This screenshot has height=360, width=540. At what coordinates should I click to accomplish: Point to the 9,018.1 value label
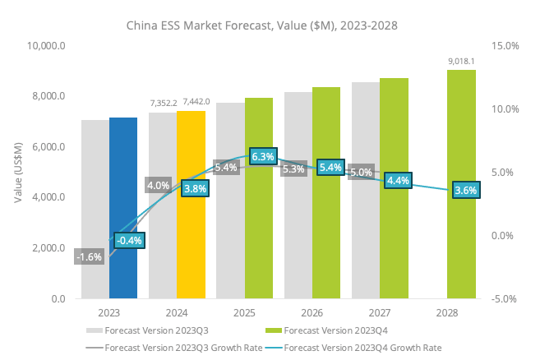(462, 61)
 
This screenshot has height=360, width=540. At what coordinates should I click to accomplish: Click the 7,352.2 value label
(163, 102)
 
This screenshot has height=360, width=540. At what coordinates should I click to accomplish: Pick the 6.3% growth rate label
(263, 157)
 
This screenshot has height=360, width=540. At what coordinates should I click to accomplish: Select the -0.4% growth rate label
(129, 240)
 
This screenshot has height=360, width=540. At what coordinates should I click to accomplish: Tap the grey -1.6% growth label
(88, 256)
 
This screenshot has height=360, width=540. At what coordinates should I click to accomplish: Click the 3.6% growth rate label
(465, 190)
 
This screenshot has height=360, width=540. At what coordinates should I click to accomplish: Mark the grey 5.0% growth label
(361, 173)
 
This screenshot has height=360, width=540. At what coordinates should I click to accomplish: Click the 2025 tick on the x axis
(244, 313)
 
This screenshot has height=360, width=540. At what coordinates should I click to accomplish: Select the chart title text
(261, 25)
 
